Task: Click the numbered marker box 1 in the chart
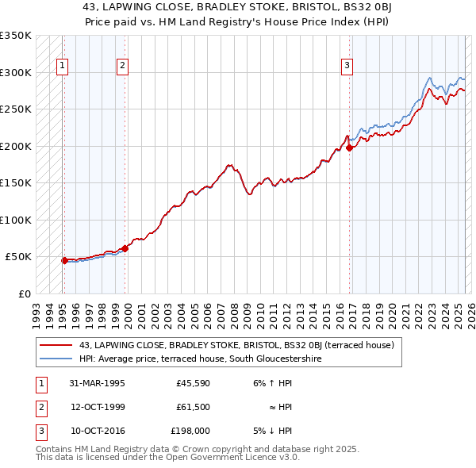click(x=62, y=67)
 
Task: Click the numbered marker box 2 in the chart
click(x=122, y=67)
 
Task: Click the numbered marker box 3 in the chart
click(x=347, y=67)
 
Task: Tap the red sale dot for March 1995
click(x=64, y=260)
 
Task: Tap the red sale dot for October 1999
click(x=125, y=248)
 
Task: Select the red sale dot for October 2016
click(x=349, y=148)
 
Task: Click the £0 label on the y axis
click(x=24, y=293)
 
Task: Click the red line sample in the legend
click(x=57, y=344)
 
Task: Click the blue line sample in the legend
click(x=57, y=358)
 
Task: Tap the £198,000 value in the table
click(x=190, y=431)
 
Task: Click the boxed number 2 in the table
click(x=40, y=407)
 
